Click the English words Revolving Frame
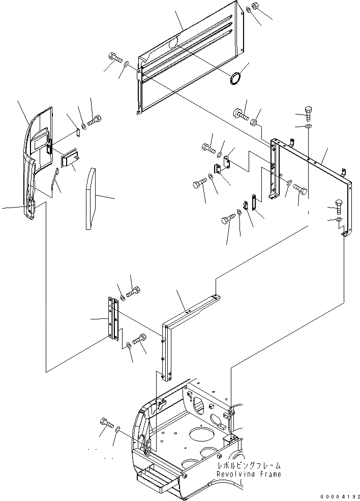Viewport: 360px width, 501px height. tap(248, 474)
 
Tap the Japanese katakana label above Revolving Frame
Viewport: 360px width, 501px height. tap(248, 465)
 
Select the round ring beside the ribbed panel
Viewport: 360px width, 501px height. tap(235, 79)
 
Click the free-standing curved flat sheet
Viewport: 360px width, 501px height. tap(91, 198)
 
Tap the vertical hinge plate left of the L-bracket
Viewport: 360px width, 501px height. tap(112, 320)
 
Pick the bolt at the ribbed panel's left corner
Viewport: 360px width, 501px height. tap(114, 57)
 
